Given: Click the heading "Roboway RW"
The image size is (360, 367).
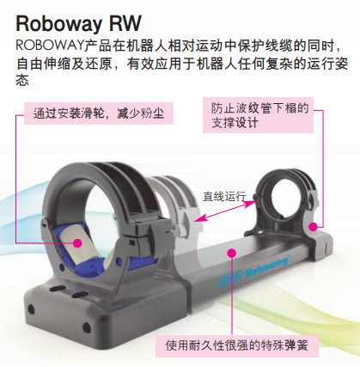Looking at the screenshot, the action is pyautogui.click(x=78, y=23).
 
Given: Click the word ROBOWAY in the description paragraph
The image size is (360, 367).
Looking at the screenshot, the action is pyautogui.click(x=49, y=46).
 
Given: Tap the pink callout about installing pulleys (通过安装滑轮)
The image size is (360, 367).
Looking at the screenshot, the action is pyautogui.click(x=99, y=113).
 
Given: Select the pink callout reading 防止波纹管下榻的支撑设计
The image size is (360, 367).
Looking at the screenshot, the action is pyautogui.click(x=258, y=115).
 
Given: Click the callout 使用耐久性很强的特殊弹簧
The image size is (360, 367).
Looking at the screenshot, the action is pyautogui.click(x=237, y=346).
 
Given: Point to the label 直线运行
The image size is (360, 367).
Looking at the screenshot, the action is pyautogui.click(x=224, y=196).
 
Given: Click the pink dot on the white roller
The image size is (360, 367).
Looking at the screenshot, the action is pyautogui.click(x=77, y=243).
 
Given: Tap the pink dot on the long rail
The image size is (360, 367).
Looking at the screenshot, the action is pyautogui.click(x=231, y=253).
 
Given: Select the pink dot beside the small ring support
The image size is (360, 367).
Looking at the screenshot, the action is pyautogui.click(x=314, y=227).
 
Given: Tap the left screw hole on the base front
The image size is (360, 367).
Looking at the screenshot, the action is pyautogui.click(x=30, y=309).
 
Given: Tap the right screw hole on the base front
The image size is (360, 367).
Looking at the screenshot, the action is pyautogui.click(x=86, y=327).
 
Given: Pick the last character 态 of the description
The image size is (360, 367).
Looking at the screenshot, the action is pyautogui.click(x=22, y=80).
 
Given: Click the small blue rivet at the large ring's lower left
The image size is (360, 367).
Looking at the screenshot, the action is pyautogui.click(x=61, y=267).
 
